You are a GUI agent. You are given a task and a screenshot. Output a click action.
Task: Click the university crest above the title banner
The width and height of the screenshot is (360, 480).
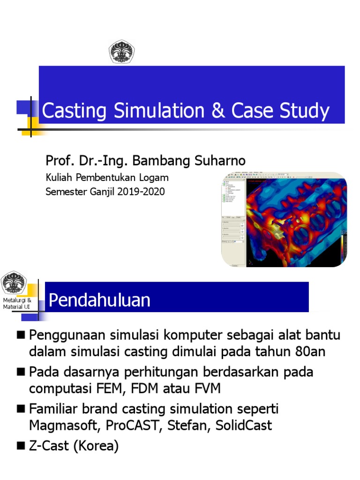click(x=121, y=52)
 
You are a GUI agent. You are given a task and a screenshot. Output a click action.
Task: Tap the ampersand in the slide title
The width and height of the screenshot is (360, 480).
click(x=216, y=111)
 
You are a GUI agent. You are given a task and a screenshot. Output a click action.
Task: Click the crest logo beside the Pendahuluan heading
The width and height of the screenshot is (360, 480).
click(x=14, y=283)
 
